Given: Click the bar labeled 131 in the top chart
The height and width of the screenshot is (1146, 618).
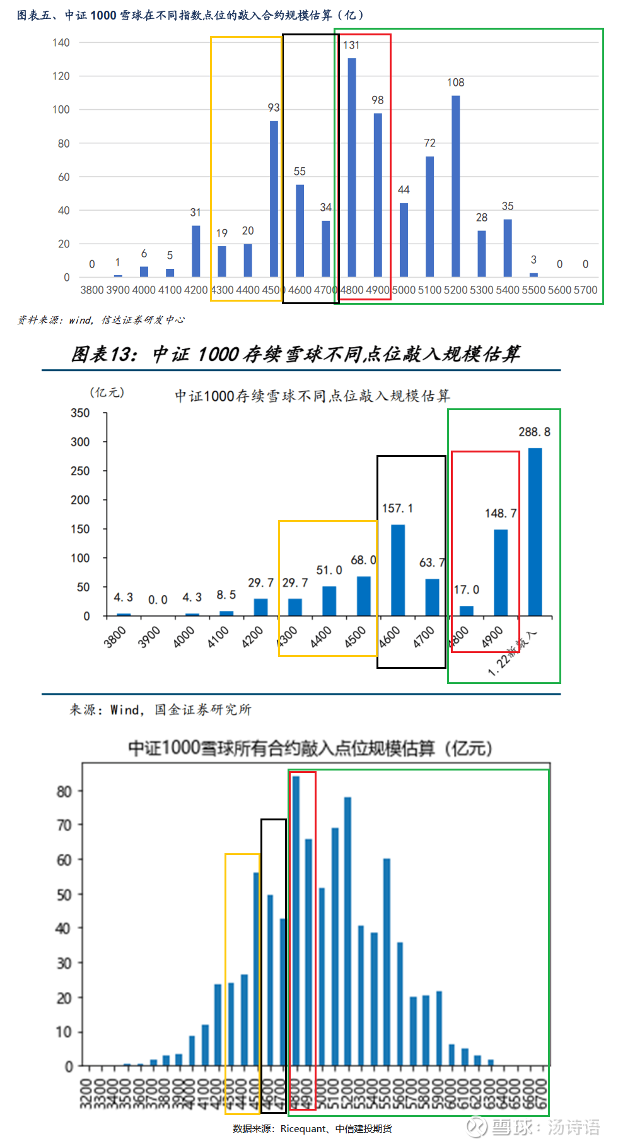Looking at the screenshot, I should (352, 167).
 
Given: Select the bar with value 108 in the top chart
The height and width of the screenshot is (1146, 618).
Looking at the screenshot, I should (455, 186).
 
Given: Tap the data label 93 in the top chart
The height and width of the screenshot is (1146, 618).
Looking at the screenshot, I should (274, 108).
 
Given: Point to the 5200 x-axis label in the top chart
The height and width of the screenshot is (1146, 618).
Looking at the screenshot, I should (456, 290).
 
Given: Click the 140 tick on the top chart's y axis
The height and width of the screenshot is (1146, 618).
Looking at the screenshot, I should (61, 43).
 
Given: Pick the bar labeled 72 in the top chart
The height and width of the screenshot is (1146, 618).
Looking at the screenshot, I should (429, 216).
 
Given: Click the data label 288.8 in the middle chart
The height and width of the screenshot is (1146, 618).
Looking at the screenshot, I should (534, 432).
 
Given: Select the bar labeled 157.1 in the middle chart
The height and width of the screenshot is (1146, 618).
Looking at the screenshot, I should (398, 570).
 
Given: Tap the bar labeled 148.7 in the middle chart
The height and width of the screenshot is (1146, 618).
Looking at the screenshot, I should (501, 572).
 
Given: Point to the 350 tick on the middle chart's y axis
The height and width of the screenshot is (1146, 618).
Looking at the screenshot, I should (80, 413).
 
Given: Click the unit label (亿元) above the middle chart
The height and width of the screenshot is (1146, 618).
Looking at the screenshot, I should (107, 393).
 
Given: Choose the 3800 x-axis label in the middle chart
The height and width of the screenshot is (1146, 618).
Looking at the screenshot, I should (115, 637).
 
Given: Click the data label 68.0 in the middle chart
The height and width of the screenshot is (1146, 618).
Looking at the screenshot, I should (363, 560).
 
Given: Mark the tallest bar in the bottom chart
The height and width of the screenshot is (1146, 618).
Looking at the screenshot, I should (296, 921).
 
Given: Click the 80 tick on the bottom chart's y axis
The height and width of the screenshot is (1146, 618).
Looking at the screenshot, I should (64, 792).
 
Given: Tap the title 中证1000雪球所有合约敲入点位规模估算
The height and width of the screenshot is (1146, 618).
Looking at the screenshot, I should (310, 748).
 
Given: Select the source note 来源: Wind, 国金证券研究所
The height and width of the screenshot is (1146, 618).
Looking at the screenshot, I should (160, 710).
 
